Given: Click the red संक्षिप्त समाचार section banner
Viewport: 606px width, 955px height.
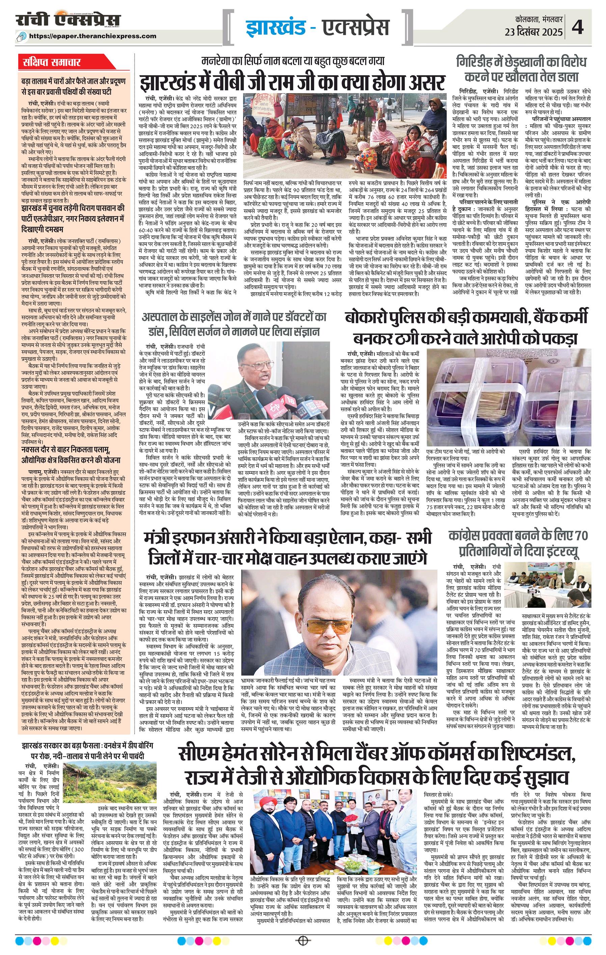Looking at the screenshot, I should click(52, 63).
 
